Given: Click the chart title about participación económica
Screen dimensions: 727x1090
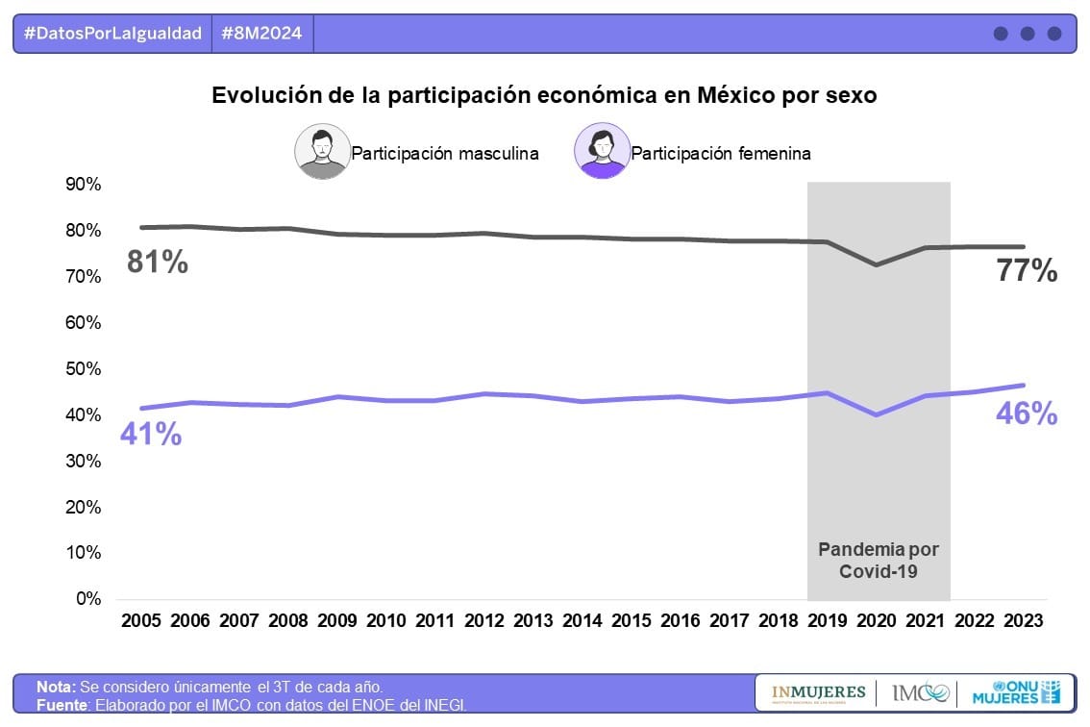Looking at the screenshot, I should (x=544, y=96).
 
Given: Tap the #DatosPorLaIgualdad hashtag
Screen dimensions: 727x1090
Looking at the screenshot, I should (x=112, y=34).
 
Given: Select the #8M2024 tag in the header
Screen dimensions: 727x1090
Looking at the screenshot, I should (x=261, y=34).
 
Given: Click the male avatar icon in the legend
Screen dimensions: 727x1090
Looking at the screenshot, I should (x=322, y=152).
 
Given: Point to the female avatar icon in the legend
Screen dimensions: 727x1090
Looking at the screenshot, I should (x=602, y=152).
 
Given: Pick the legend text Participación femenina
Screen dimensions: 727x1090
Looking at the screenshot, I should (x=721, y=153).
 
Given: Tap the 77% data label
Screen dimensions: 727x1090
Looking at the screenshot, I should (x=1027, y=272).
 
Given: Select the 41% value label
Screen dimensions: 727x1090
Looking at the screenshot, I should (x=151, y=435).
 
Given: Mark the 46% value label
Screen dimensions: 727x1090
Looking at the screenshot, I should (x=1027, y=414).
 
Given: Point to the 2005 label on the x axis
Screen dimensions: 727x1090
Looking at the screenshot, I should (x=141, y=621).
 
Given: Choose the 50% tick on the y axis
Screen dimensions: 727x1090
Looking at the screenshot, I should (x=83, y=369).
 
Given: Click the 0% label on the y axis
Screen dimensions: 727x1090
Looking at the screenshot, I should (x=87, y=599).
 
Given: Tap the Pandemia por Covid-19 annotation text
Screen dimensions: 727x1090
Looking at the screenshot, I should (x=879, y=560).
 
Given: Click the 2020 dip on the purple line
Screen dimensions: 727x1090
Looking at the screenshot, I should (x=876, y=414).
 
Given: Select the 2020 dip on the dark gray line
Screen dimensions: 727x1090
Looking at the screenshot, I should (x=876, y=264).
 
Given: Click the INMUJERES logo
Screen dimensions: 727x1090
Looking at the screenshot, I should (x=818, y=692).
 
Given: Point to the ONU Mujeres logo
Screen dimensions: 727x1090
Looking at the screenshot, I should (x=1017, y=692).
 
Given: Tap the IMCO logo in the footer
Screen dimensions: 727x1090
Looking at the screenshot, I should (x=920, y=692).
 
